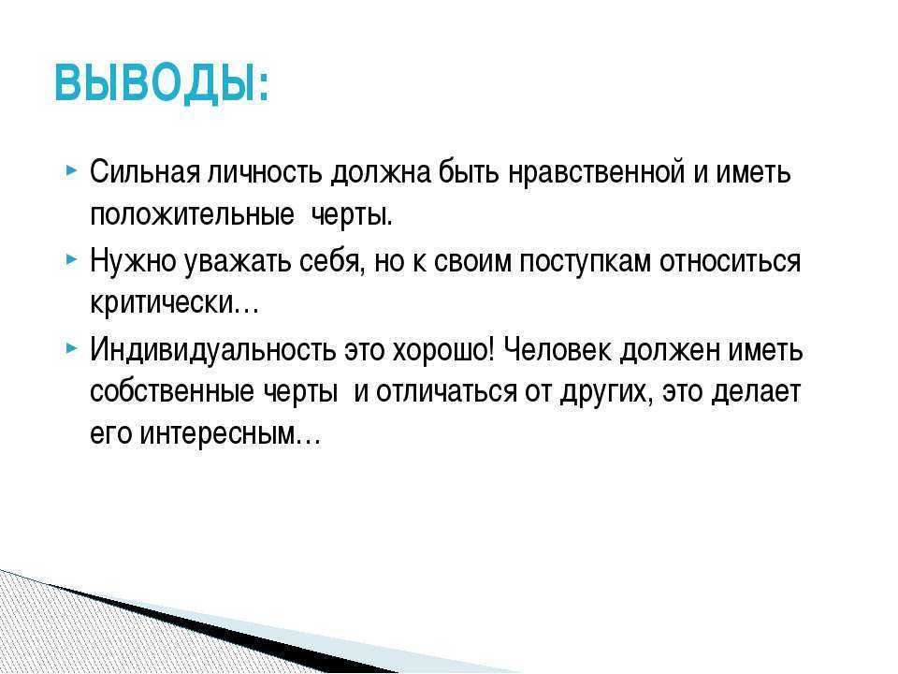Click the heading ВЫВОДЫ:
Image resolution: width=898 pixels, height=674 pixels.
(162, 83)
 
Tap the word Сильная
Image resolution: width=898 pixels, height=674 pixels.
(144, 171)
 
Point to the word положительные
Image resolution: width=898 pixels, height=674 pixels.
(192, 215)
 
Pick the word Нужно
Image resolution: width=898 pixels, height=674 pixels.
(133, 261)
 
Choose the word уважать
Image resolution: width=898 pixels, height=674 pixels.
(237, 262)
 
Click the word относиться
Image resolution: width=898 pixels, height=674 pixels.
(730, 261)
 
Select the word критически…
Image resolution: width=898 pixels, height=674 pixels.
(175, 303)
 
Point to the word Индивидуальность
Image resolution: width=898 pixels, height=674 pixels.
(213, 350)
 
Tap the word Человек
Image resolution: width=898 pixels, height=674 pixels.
(557, 349)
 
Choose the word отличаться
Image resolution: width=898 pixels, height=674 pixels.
(446, 392)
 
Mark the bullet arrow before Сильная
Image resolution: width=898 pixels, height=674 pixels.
(71, 170)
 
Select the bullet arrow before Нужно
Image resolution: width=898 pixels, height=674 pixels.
(71, 259)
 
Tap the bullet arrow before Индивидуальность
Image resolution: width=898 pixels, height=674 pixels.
(71, 348)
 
